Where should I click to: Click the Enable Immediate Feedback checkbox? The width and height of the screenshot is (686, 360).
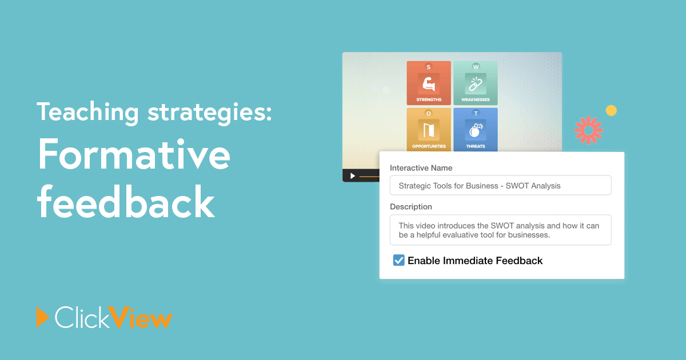click(399, 260)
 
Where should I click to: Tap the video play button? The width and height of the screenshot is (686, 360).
click(353, 176)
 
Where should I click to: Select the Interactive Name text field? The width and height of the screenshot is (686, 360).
click(500, 185)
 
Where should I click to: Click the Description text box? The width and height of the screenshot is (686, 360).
click(500, 230)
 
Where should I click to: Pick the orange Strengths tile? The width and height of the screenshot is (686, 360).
click(429, 83)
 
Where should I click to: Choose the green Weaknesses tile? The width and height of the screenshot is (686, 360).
click(476, 83)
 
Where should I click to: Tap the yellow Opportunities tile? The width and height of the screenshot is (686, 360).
click(429, 130)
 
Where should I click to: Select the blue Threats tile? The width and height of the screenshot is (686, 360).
click(476, 130)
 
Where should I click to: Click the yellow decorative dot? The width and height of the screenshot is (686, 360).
click(611, 110)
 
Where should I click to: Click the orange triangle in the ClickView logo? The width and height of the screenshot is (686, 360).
click(42, 317)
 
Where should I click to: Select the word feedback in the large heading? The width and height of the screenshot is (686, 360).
click(126, 201)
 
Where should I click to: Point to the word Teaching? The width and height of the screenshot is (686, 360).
click(88, 113)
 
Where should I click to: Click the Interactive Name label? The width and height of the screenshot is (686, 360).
click(421, 168)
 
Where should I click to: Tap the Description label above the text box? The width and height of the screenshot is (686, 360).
click(410, 207)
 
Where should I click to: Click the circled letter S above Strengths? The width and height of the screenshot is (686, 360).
click(428, 67)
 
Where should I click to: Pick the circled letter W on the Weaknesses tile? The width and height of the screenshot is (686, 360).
click(476, 67)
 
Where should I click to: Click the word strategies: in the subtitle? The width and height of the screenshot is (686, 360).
click(210, 113)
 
